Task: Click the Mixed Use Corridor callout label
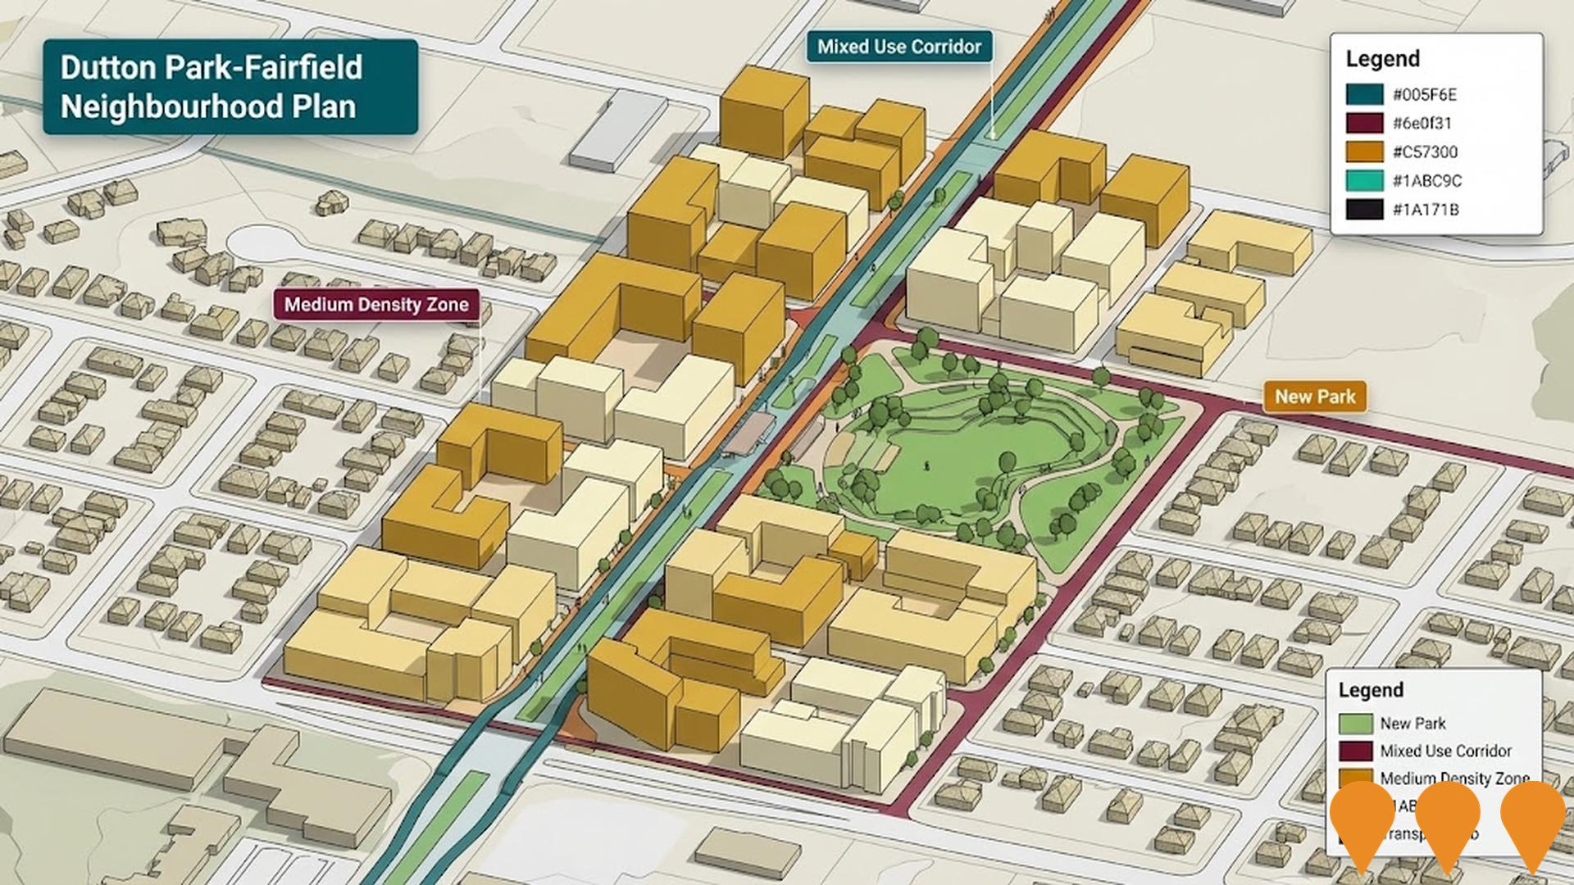coord(898,47)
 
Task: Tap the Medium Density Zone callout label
coord(376,305)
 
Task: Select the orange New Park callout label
coord(1314,397)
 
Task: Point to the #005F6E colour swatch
coord(1364,94)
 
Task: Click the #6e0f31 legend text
coord(1422,123)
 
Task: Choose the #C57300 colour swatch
coord(1364,152)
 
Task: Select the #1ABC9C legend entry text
coord(1426,180)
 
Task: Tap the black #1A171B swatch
coord(1364,209)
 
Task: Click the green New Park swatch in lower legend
coord(1355,724)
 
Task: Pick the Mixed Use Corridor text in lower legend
coord(1445,751)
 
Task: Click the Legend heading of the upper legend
coord(1382,59)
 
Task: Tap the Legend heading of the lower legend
coord(1371,690)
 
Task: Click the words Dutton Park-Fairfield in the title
coord(211,67)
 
